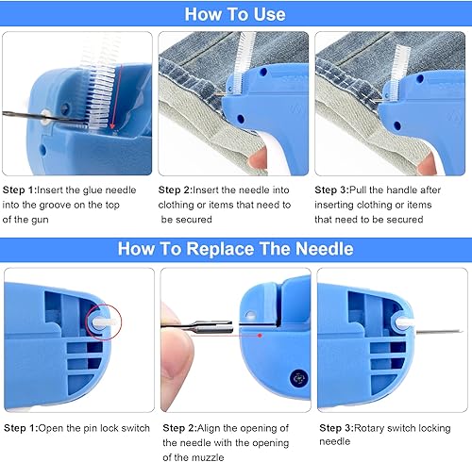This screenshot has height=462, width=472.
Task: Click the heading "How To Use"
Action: point(235,14)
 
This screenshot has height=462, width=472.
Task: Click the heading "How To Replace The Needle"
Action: point(236,249)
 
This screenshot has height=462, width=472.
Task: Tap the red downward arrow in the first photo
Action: point(116,97)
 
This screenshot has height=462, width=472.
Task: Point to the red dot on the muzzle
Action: point(260,336)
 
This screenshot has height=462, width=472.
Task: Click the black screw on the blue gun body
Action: point(297,378)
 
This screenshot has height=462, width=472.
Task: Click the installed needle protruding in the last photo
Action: point(440,332)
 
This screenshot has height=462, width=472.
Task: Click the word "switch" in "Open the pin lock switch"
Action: point(135,428)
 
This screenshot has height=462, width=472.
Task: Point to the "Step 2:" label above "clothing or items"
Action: point(175,190)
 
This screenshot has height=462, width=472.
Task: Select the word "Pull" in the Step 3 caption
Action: point(358,190)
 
